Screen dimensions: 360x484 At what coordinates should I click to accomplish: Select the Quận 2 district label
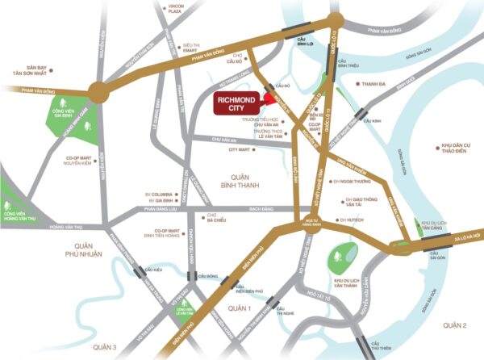tap(454, 324)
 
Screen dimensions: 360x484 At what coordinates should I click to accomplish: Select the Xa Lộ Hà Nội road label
tap(462, 235)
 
